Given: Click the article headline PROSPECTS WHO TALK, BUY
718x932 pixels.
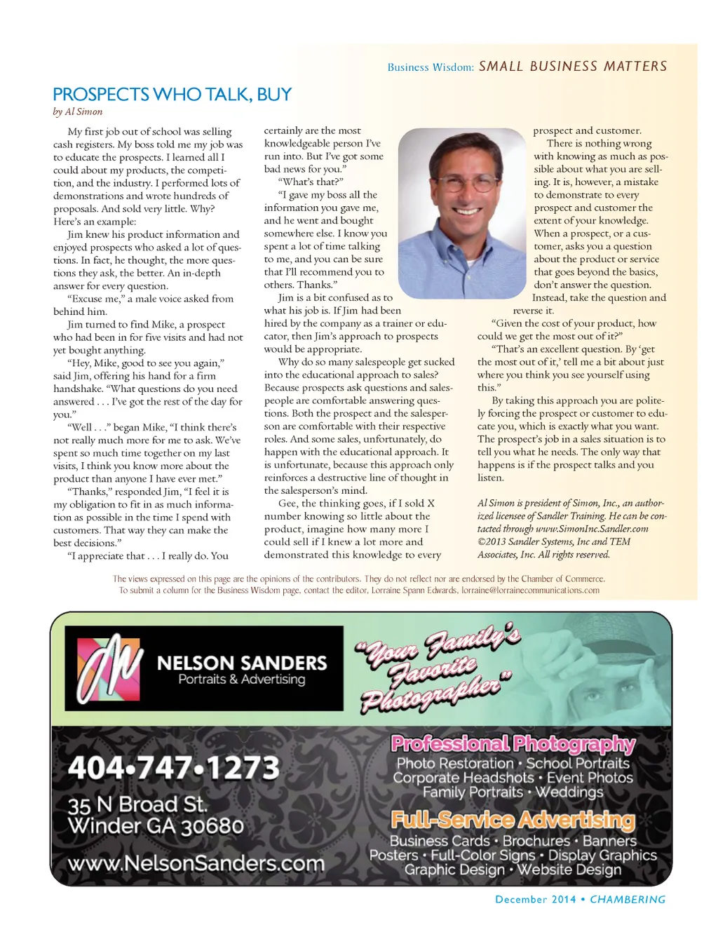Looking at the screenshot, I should click(x=172, y=95).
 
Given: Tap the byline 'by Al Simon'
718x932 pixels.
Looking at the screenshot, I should click(x=77, y=112).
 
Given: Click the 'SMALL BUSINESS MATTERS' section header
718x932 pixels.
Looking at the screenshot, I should click(x=573, y=67).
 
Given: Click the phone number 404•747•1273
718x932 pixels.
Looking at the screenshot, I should click(x=174, y=768).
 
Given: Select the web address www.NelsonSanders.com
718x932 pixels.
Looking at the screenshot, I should click(x=196, y=863).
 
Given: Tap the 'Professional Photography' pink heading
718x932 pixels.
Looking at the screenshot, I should click(x=513, y=743).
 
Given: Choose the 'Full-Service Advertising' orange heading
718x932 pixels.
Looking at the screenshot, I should click(x=513, y=820).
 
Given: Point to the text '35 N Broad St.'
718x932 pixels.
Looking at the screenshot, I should click(x=137, y=804).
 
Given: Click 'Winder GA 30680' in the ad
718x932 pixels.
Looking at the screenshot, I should click(x=155, y=826).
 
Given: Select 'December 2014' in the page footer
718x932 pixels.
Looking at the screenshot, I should click(x=535, y=900).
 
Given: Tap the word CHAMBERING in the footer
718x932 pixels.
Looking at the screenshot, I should click(x=628, y=900).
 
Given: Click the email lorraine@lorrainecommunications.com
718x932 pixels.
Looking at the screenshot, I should click(x=530, y=590).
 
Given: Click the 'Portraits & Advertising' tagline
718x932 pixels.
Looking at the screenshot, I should click(x=241, y=680).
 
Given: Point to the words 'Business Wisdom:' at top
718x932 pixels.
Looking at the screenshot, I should click(x=431, y=67).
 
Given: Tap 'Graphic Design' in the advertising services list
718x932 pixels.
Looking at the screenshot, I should click(x=454, y=870).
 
